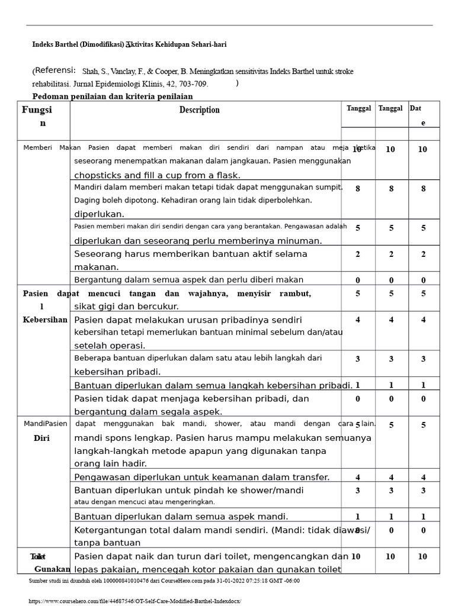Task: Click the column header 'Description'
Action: [199, 110]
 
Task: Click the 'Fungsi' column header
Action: [37, 110]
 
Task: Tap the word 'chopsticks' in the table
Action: [96, 175]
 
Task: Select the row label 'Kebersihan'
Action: [45, 320]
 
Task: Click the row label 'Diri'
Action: [41, 439]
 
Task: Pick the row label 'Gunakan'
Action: [52, 569]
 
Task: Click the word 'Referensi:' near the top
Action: [55, 70]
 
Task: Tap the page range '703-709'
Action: [193, 84]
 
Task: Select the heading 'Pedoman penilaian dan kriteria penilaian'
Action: [112, 96]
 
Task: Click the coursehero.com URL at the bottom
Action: [134, 601]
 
